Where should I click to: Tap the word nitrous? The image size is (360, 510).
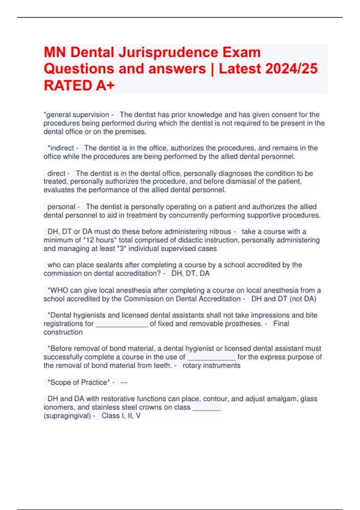click(220, 232)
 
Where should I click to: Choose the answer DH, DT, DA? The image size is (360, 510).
click(190, 273)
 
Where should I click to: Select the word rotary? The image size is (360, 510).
click(192, 365)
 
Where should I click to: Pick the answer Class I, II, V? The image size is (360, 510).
click(121, 415)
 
